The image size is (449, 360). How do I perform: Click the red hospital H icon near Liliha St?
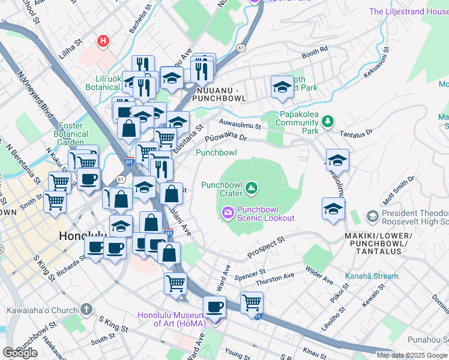point(103,41)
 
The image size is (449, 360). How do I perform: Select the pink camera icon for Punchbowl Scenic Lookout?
point(228,212)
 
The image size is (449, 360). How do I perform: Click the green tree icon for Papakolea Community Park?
point(327,122)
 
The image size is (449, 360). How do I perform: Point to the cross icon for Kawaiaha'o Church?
point(86,310)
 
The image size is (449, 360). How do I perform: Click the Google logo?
point(20,352)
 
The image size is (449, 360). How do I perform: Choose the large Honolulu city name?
point(83,236)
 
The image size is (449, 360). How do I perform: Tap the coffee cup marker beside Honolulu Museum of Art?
point(214,308)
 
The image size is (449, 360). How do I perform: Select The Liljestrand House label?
point(408,11)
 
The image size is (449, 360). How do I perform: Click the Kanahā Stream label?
point(372,276)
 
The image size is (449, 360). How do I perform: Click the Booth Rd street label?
point(315,52)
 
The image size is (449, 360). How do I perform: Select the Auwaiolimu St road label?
point(240,127)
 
